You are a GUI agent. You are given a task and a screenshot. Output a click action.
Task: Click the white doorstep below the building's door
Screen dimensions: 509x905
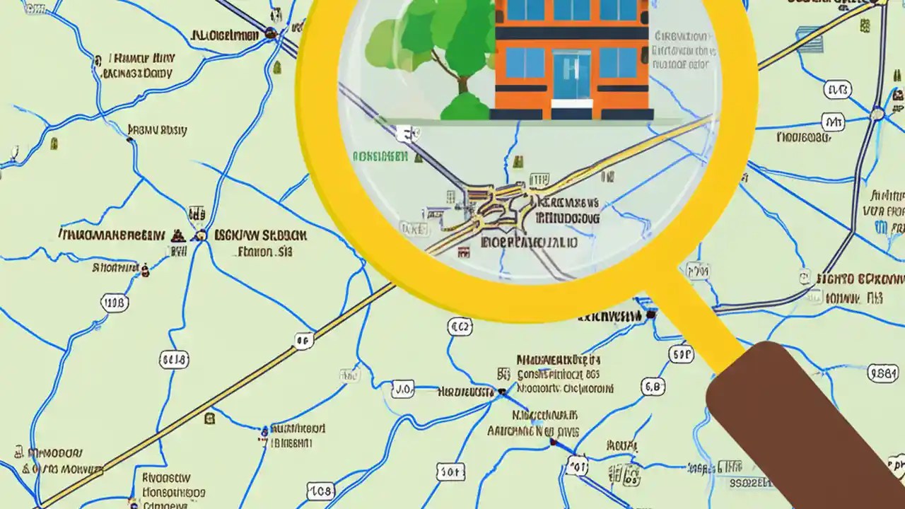[571, 104]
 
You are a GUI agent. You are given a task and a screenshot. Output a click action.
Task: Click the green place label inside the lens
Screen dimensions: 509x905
[380, 156]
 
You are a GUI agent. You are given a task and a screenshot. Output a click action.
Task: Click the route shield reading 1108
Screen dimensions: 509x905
[115, 304]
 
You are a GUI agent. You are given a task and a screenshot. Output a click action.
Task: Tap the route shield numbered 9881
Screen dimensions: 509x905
[883, 373]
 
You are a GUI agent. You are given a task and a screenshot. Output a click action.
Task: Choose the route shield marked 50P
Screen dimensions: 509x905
[680, 353]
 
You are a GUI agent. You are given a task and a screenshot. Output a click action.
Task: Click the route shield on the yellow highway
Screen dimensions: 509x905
[303, 341]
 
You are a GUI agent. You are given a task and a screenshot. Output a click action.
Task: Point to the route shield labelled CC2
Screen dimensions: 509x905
[460, 327]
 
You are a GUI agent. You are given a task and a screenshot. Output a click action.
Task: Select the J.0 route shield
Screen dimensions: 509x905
[403, 388]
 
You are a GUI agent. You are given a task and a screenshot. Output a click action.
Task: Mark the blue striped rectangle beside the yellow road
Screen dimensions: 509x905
[810, 39]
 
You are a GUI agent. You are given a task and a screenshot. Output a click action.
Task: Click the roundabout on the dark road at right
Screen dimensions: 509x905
[877, 113]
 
